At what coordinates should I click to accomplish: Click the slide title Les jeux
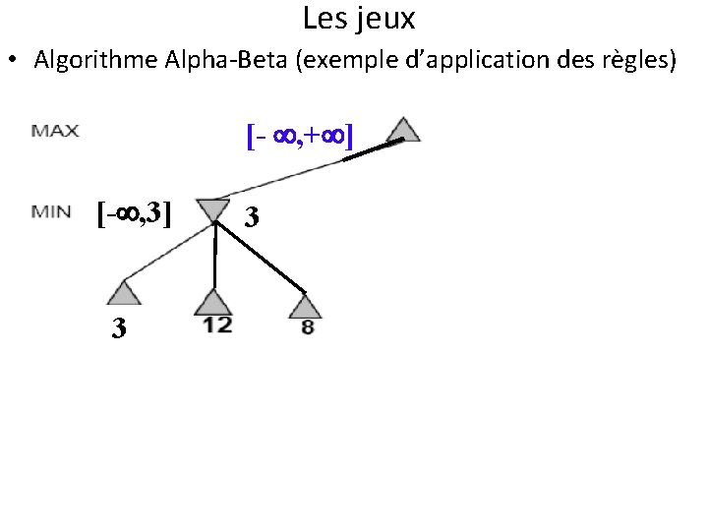(359, 18)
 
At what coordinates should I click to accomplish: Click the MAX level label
(56, 131)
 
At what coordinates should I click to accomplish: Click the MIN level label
(51, 211)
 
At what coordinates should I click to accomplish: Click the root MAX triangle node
(404, 131)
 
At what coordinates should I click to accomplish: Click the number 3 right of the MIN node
(253, 215)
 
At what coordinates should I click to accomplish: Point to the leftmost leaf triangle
(122, 292)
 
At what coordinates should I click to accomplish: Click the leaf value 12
(217, 325)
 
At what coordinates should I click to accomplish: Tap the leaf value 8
(308, 327)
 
